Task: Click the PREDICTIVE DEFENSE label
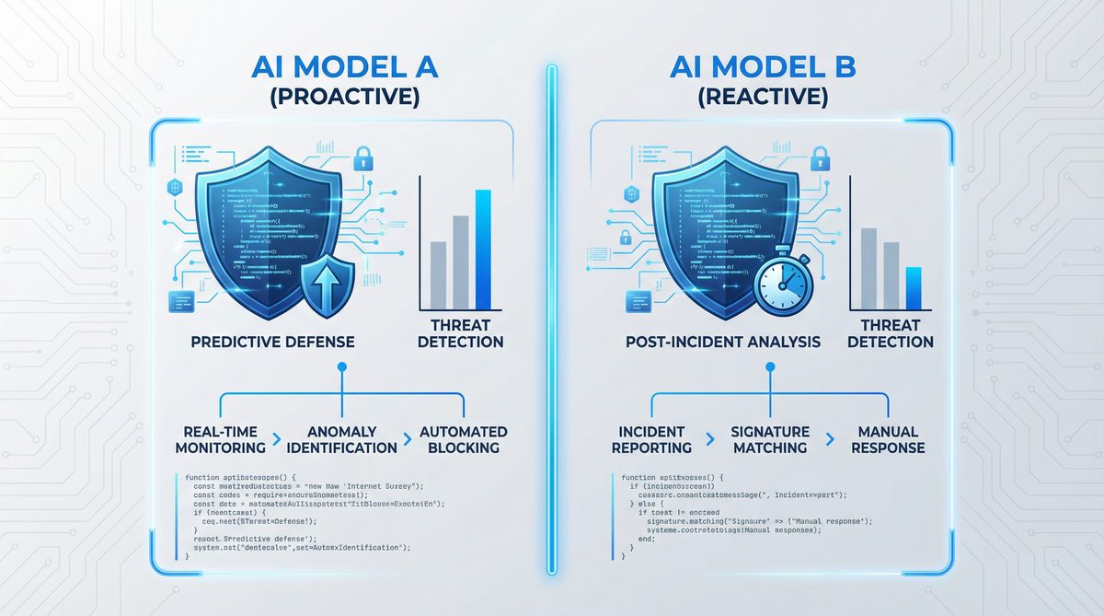(272, 342)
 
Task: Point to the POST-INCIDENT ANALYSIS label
(722, 342)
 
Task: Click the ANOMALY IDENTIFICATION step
(341, 439)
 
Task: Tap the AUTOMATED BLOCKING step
(463, 439)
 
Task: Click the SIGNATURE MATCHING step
(769, 439)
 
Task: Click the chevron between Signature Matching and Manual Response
(830, 440)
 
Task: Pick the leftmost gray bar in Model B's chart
(868, 268)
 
